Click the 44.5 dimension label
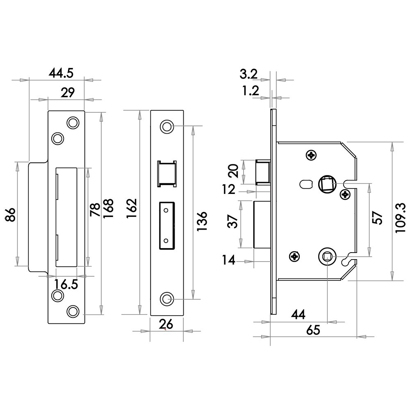pos(61,73)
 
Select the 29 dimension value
pos(68,92)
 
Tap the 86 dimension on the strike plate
pos(11,215)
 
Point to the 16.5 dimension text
pos(66,284)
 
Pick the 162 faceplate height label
pos(132,208)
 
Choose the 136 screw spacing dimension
pos(202,221)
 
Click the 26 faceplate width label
pos(166,324)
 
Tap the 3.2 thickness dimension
pos(249,74)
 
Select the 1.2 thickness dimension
pos(250,91)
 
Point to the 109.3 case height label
pos(400,218)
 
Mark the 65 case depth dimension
pos(313,330)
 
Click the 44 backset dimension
pos(298,314)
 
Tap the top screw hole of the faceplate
pos(167,127)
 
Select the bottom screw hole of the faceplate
pos(167,299)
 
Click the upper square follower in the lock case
pos(326,184)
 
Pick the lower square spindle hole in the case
pos(326,257)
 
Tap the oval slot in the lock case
pos(306,184)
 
